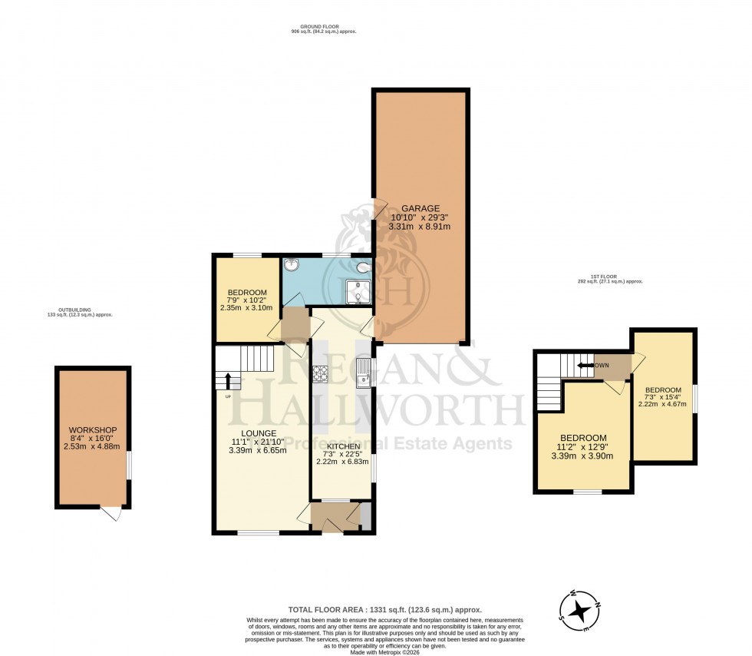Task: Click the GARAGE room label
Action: pyautogui.click(x=419, y=207)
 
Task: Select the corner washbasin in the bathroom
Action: pyautogui.click(x=292, y=266)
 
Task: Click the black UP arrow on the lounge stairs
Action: pyautogui.click(x=228, y=380)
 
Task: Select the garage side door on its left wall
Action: pyautogui.click(x=379, y=208)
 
